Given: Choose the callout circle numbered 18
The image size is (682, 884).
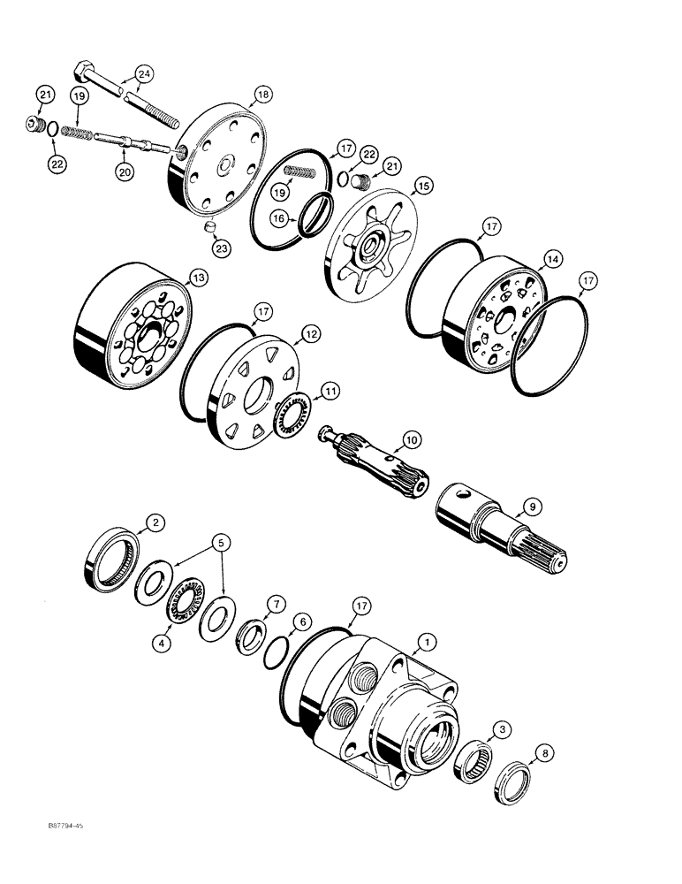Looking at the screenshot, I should tap(261, 94).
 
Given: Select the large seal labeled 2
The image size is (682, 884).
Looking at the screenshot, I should tap(111, 563).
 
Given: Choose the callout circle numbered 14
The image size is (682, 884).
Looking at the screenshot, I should tap(553, 259).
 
